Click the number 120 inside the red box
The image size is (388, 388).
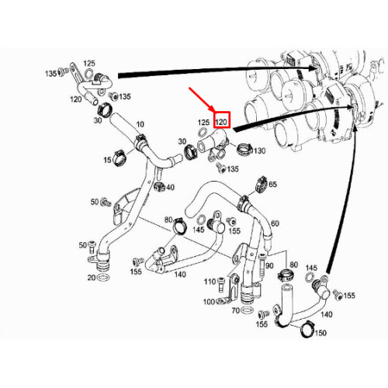tap(222, 122)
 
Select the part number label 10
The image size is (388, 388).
tap(140, 125)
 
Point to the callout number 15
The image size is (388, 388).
tap(107, 160)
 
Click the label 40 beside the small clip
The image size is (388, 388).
tap(170, 187)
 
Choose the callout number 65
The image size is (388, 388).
tap(272, 185)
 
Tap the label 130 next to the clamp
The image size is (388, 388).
tap(258, 151)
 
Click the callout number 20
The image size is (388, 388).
tap(92, 277)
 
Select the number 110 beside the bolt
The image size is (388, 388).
tap(209, 281)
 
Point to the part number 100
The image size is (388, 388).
tap(209, 301)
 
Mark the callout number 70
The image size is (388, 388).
tap(236, 310)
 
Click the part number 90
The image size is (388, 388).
tap(269, 266)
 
